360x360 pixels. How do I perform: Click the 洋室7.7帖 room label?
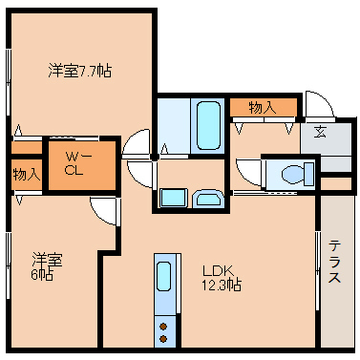pos(80,70)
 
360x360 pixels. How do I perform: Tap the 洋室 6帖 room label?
pos(47,266)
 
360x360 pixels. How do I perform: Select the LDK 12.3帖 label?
pos(220,277)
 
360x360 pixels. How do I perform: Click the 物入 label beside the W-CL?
pos(26,175)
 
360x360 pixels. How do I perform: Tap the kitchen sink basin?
pos(164,278)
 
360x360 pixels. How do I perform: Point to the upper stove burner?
pos(164,326)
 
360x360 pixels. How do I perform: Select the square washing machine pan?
pos(173,198)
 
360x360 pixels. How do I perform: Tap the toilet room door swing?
pos(248,172)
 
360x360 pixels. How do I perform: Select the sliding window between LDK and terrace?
pos(317,267)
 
